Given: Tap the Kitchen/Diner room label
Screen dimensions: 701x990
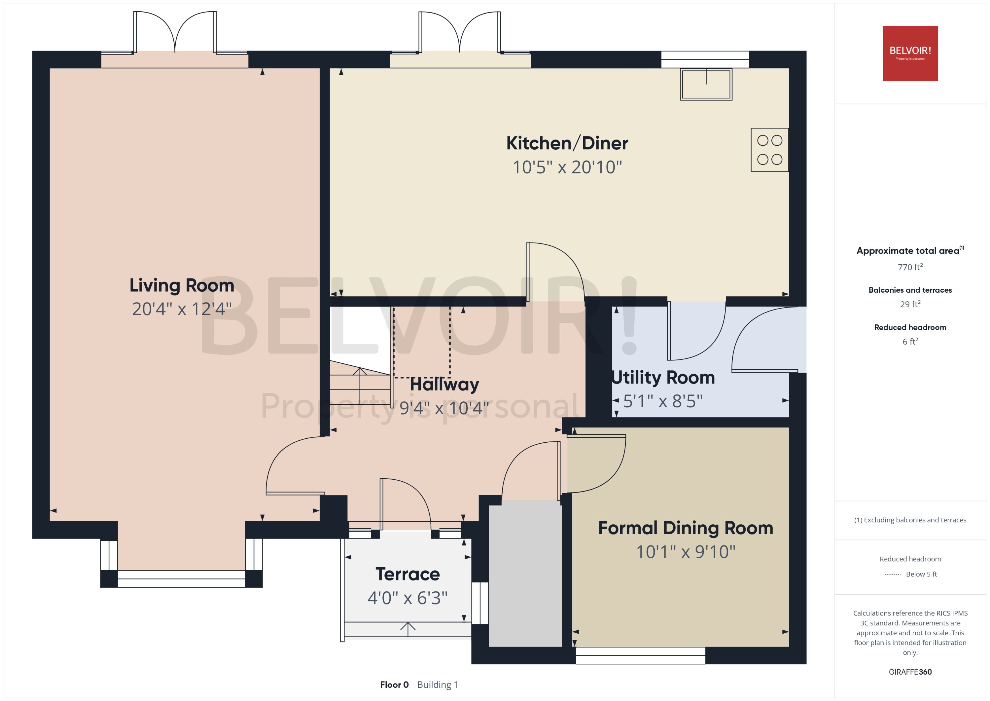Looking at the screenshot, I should [567, 143].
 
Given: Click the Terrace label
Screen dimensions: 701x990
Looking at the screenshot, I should [407, 574].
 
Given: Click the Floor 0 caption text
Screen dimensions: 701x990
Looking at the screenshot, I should [394, 685].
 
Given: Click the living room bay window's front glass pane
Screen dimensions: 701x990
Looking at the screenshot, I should [181, 579].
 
